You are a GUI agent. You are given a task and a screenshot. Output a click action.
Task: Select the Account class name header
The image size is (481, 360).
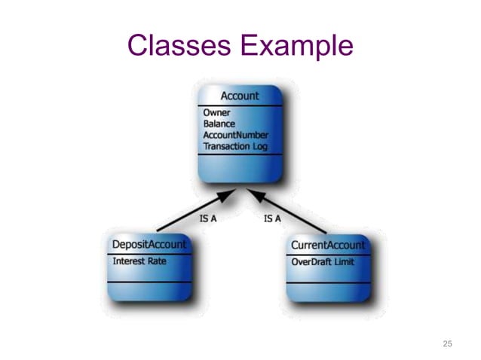[x=239, y=96]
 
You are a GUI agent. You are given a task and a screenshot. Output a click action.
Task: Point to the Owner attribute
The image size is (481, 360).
[x=216, y=113]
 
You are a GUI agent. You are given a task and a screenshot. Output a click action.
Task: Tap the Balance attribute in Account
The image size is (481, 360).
[x=219, y=124]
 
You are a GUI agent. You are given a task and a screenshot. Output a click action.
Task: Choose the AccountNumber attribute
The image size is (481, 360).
[x=234, y=134]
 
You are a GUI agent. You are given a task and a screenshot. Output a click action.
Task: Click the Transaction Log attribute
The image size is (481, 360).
[x=235, y=145]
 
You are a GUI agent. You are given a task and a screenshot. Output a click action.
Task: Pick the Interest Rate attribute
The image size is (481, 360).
[x=139, y=261]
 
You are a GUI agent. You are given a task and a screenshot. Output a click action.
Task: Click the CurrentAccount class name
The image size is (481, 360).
[x=328, y=245]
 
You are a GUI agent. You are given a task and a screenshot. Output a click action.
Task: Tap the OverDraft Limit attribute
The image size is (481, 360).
[x=323, y=261]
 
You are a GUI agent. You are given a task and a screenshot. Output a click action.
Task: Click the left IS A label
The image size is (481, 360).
[x=208, y=219]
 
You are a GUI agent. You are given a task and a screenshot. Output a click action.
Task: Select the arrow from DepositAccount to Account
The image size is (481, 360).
[x=192, y=212]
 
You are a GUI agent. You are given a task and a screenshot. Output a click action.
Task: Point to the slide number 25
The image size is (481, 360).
[x=447, y=343]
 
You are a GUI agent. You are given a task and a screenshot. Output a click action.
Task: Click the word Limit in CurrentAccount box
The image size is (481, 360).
[x=344, y=261]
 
